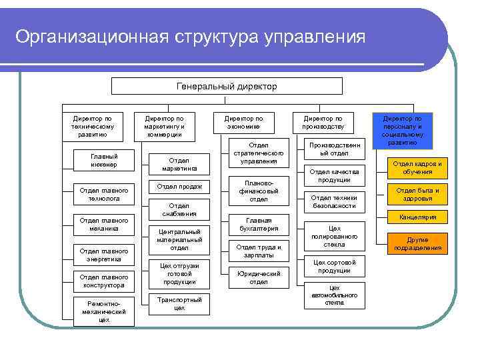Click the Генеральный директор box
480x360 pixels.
tap(227, 86)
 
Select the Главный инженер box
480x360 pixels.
tap(103, 161)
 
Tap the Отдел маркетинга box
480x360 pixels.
tap(179, 165)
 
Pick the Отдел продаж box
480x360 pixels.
tap(179, 186)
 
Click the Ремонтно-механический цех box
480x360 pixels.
tap(103, 311)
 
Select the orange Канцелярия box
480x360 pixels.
tap(417, 217)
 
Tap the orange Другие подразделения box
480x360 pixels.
tap(417, 244)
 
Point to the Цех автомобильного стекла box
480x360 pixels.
tap(335, 295)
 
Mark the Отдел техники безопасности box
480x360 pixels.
tap(335, 201)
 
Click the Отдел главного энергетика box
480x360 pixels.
tap(103, 255)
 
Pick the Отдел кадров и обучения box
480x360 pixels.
tap(417, 167)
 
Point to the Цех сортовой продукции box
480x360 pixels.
tap(335, 266)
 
